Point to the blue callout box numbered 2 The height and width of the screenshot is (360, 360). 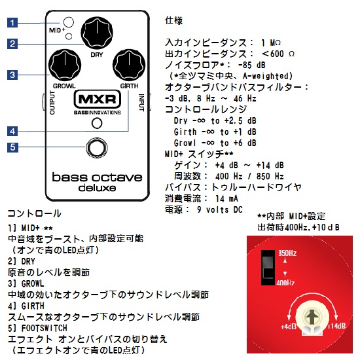[x=12, y=44]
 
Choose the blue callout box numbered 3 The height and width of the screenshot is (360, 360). [x=12, y=75]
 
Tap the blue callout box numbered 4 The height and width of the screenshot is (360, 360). [x=12, y=130]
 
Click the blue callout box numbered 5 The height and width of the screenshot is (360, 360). [x=12, y=147]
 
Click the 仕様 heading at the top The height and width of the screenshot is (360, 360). [x=175, y=20]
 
